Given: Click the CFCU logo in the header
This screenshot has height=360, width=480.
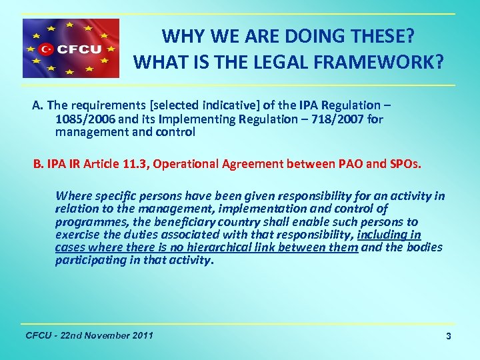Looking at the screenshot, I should coord(71,49).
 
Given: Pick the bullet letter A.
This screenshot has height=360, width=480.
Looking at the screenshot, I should coord(37,106).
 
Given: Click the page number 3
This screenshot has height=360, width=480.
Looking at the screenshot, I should coord(449,337).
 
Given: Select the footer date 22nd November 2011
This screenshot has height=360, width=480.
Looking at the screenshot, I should coord(107,335).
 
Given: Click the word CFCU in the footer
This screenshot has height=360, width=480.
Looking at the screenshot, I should coord(37,335).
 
